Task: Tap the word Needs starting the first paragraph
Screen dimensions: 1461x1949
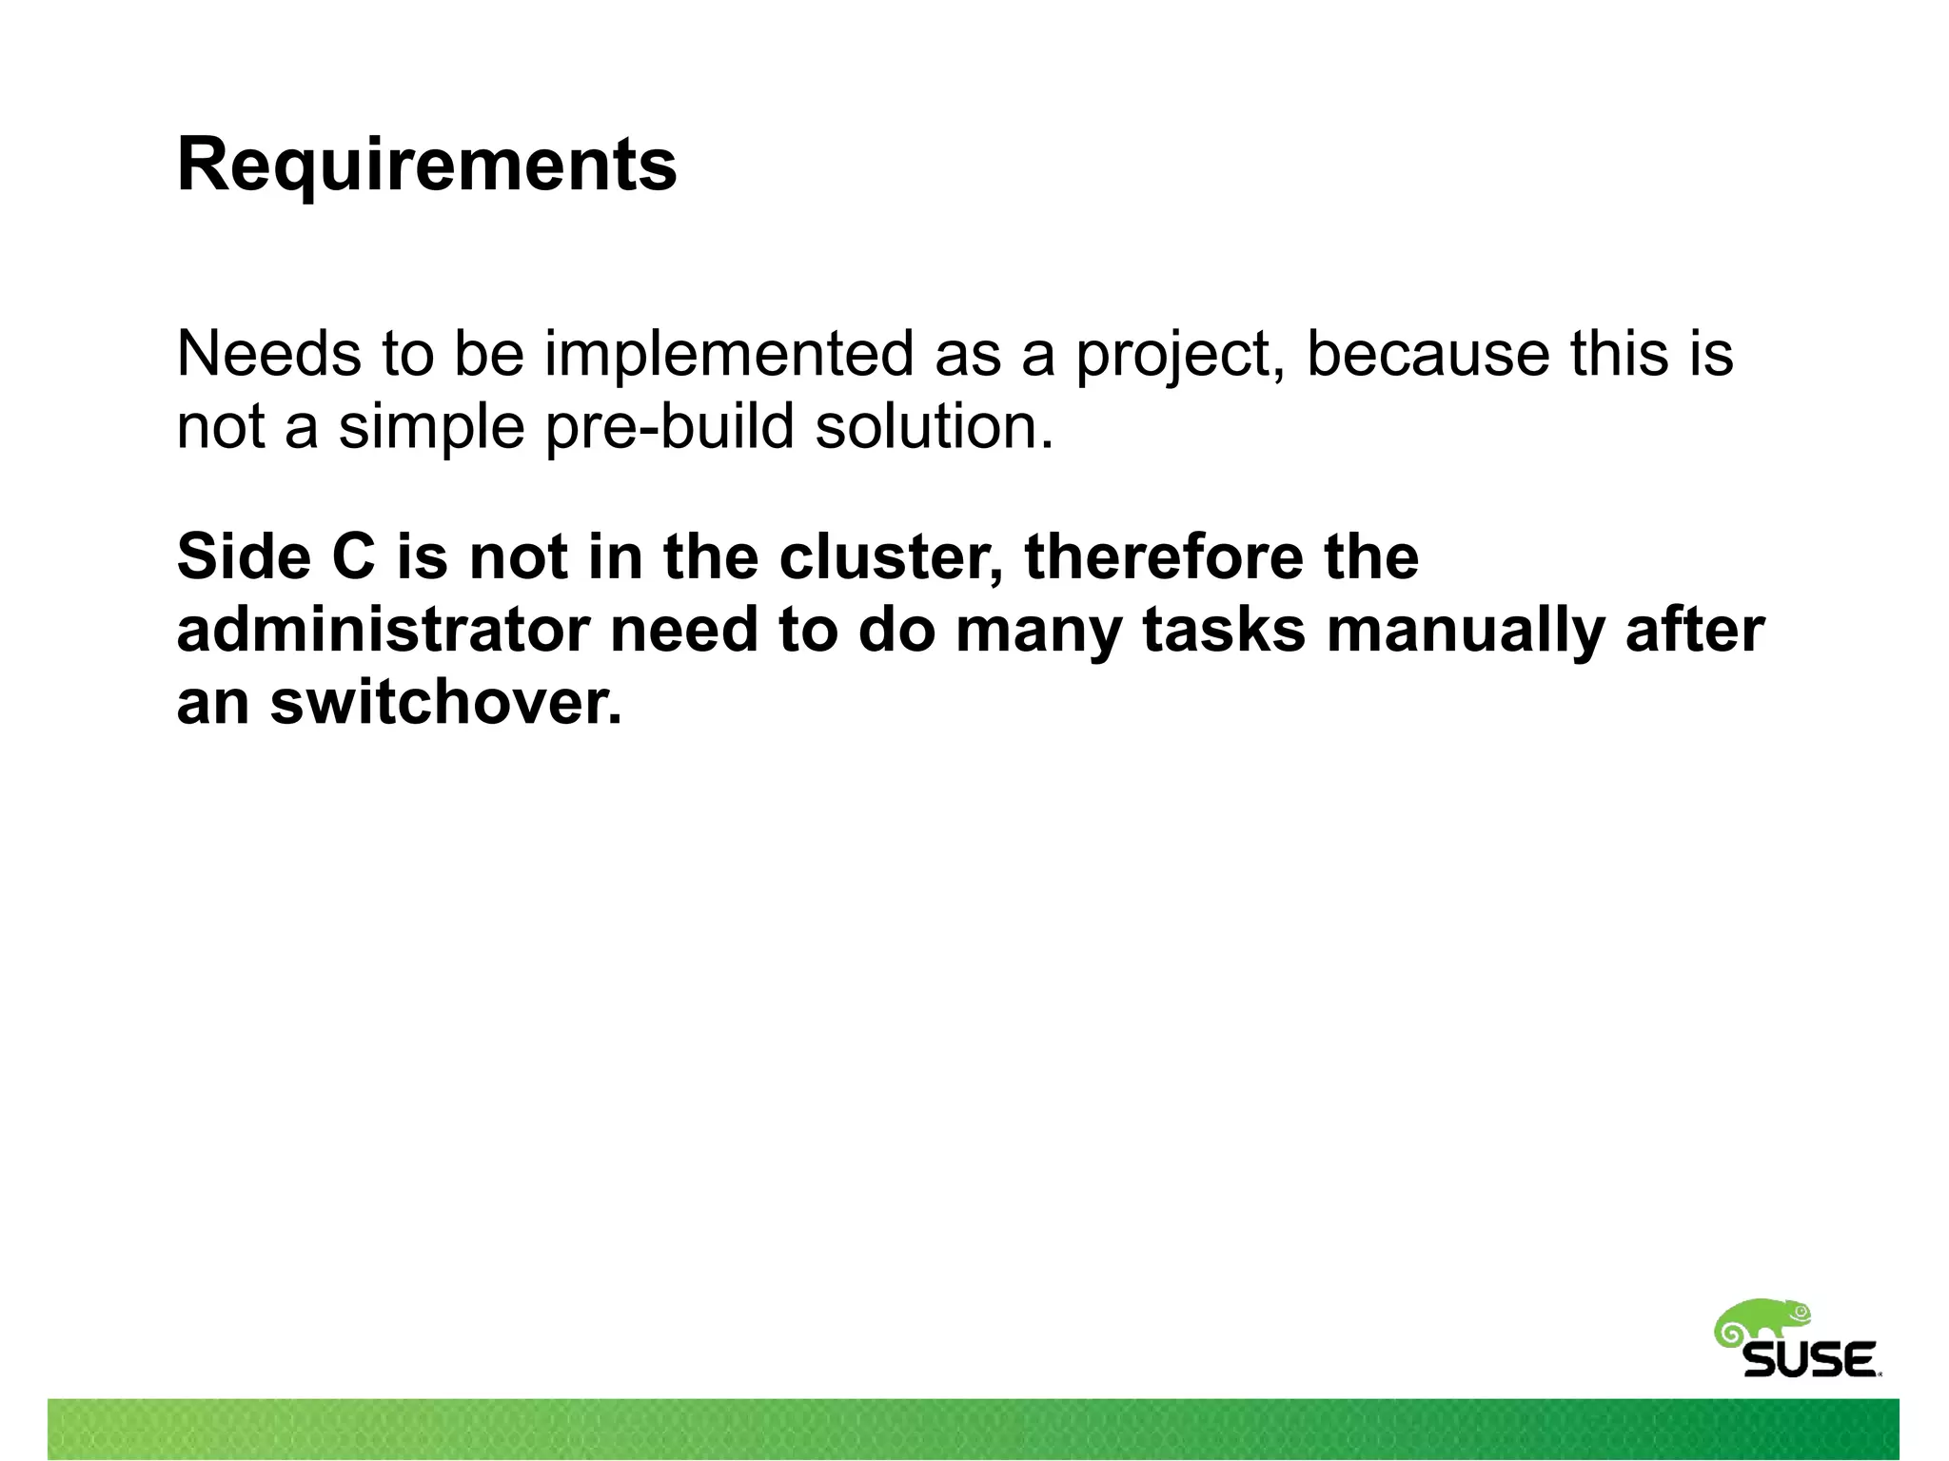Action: (x=269, y=354)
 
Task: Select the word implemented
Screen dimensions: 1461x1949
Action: (x=728, y=354)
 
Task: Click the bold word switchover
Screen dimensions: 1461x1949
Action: (x=445, y=703)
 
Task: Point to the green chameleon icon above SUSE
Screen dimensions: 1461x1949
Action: (x=1762, y=1321)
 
